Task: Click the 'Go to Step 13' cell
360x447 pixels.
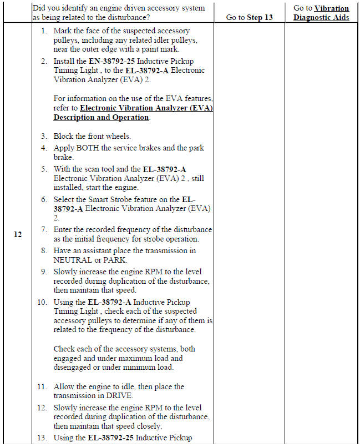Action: pos(250,17)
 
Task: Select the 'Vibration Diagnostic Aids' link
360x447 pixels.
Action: pos(322,13)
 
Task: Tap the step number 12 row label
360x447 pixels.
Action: pos(18,234)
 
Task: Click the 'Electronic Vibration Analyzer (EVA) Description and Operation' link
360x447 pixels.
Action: pos(133,113)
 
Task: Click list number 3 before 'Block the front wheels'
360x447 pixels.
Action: pos(44,136)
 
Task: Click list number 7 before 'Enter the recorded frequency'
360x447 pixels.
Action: pos(44,229)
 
